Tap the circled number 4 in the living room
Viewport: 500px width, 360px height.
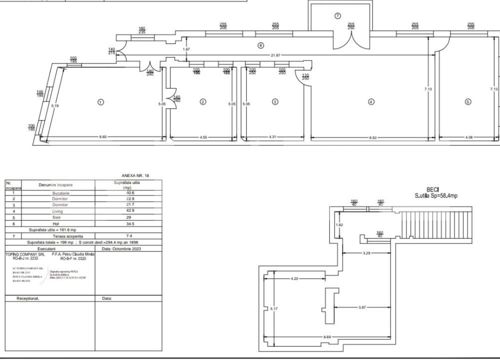coord(371,102)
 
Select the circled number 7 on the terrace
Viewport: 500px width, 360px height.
coord(338,16)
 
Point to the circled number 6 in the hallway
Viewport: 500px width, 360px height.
coord(260,45)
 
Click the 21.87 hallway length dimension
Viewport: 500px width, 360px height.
coord(275,55)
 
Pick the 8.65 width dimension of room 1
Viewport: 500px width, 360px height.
coord(103,136)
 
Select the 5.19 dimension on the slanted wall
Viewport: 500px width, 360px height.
coord(55,105)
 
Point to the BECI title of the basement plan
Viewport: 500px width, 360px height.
coord(433,189)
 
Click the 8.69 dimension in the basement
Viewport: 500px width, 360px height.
coord(327,337)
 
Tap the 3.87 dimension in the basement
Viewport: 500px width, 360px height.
coord(362,307)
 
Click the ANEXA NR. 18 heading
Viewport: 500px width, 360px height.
coord(135,176)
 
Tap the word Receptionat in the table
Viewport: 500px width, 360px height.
coord(28,298)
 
